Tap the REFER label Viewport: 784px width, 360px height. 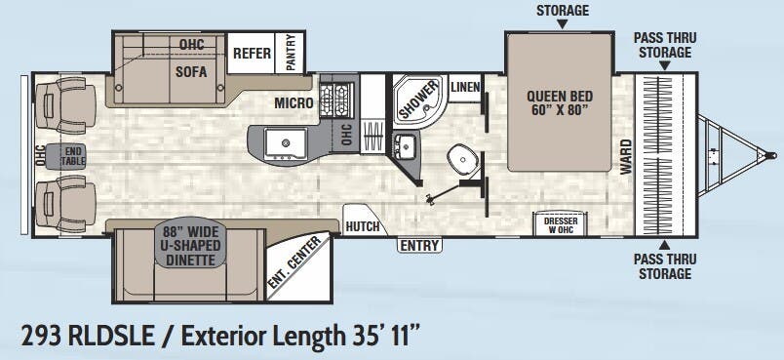click(x=252, y=55)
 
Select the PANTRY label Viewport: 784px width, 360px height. click(x=291, y=53)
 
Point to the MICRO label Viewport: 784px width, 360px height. click(x=294, y=102)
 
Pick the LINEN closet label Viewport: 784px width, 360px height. click(x=466, y=88)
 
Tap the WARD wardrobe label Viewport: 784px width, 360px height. click(x=625, y=156)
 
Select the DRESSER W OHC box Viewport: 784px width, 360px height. click(x=561, y=225)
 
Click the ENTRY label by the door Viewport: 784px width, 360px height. click(x=419, y=246)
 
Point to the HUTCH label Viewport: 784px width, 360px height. click(x=363, y=226)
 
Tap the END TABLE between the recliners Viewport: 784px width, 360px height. click(x=73, y=156)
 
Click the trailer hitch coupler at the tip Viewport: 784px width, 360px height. click(x=770, y=154)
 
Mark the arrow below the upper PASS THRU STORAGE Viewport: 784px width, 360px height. click(x=662, y=66)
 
